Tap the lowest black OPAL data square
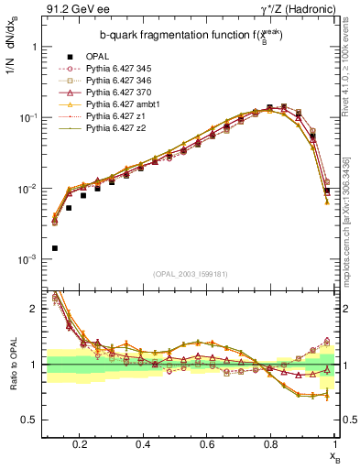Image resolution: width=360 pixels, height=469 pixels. [x=55, y=248]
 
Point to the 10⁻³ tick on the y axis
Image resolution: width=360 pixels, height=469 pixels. [x=29, y=260]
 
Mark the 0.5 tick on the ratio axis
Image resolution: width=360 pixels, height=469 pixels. [x=34, y=420]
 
